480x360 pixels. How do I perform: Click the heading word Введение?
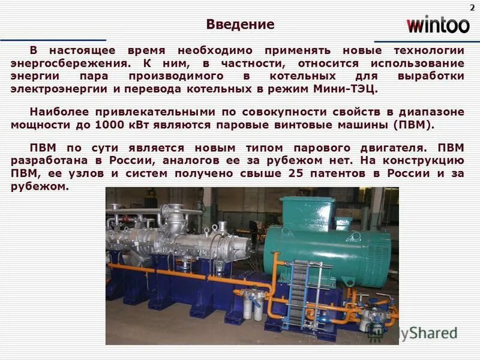coord(240,25)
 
